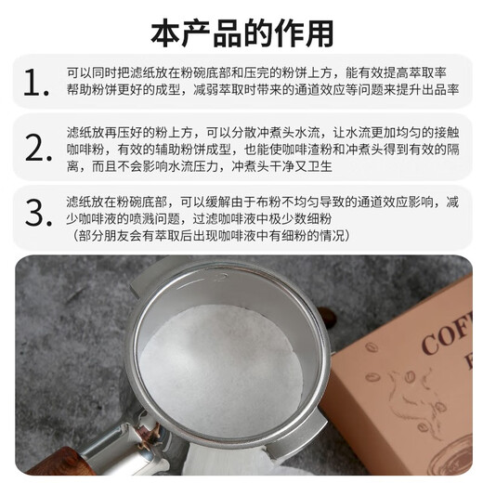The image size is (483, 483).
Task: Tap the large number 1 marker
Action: click(x=35, y=83)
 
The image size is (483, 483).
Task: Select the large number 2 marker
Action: click(x=35, y=146)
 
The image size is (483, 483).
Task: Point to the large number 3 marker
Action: click(x=35, y=212)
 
